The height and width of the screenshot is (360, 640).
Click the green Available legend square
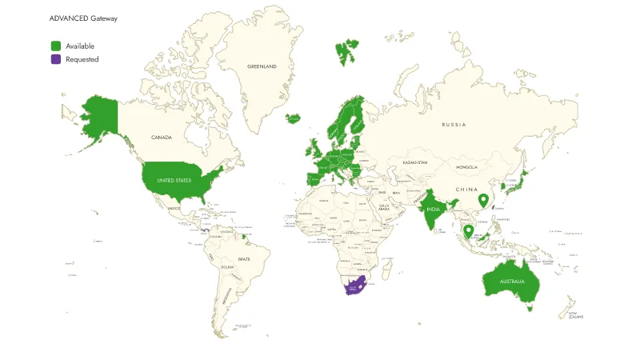(56, 46)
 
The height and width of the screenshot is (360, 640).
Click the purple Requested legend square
(56, 59)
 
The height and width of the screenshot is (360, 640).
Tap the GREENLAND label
(262, 66)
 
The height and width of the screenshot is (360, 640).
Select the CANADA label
(162, 138)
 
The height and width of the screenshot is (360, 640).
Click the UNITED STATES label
(174, 181)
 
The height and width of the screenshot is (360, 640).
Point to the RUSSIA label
(454, 125)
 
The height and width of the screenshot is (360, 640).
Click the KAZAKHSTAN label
(415, 162)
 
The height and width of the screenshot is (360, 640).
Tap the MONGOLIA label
(466, 167)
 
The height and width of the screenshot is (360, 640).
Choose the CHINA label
(466, 190)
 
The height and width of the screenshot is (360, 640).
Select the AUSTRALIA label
(512, 282)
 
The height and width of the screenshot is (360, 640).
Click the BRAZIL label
(244, 259)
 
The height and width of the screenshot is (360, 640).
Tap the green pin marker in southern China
(482, 200)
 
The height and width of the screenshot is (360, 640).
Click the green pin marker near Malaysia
(468, 231)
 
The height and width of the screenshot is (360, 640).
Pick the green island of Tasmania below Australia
(529, 307)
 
